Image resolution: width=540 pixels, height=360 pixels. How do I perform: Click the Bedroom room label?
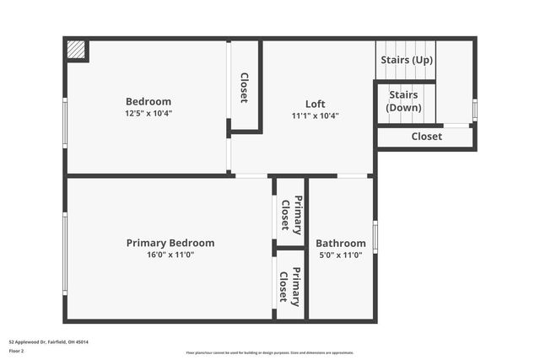click(x=148, y=101)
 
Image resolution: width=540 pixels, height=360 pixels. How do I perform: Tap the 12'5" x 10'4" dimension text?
click(x=148, y=113)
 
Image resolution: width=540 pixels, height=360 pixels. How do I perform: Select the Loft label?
click(x=315, y=104)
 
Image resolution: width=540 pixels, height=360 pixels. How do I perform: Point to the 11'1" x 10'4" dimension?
click(x=315, y=116)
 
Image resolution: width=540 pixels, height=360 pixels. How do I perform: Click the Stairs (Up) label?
click(x=407, y=60)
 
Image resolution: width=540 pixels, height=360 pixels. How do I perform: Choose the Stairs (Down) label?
click(x=404, y=101)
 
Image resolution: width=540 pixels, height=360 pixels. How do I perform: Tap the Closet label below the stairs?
click(x=426, y=137)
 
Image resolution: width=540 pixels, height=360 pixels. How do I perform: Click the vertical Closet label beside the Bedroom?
click(x=244, y=88)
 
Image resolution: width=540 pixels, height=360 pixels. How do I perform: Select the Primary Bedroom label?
click(x=170, y=243)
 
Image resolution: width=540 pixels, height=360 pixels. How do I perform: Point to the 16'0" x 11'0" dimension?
click(x=170, y=255)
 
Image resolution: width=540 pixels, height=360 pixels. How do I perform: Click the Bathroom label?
click(x=341, y=243)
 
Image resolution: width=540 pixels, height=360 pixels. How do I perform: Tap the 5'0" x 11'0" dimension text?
click(x=341, y=255)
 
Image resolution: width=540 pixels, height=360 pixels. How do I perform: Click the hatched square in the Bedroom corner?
click(x=77, y=50)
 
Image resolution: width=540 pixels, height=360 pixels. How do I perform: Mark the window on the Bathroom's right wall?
click(x=375, y=237)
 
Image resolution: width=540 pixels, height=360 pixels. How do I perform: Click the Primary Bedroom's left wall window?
click(x=65, y=253)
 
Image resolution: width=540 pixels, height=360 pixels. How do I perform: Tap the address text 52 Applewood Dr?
click(x=48, y=342)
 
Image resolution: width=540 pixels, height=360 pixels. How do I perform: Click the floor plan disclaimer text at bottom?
click(x=270, y=352)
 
